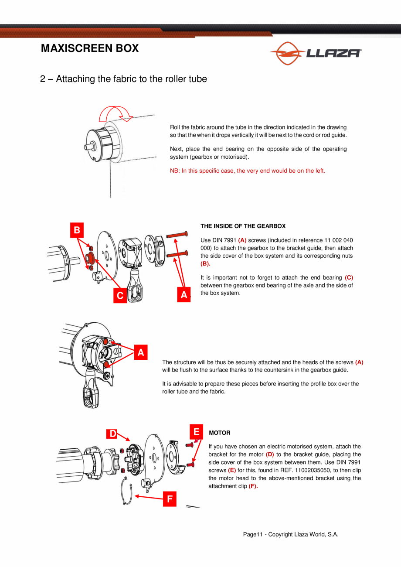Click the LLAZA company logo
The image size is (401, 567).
[x=316, y=53]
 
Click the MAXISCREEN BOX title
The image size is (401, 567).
[x=90, y=48]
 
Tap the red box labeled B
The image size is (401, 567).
[x=77, y=230]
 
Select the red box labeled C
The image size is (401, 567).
[x=120, y=295]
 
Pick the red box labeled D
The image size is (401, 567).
[x=112, y=434]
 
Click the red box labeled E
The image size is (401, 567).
[x=196, y=432]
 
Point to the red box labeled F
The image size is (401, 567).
[x=170, y=499]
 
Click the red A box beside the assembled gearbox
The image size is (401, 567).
[x=141, y=352]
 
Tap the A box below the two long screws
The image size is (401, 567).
[x=184, y=294]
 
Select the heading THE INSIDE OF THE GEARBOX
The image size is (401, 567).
[x=243, y=226]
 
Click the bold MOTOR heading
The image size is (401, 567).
[x=220, y=433]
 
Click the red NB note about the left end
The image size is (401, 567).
[x=248, y=171]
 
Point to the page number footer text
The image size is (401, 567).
[x=291, y=534]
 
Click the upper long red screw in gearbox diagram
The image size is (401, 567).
[x=177, y=234]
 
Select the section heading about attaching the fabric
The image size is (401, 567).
[x=123, y=79]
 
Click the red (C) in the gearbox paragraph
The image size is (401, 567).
[x=349, y=278]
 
